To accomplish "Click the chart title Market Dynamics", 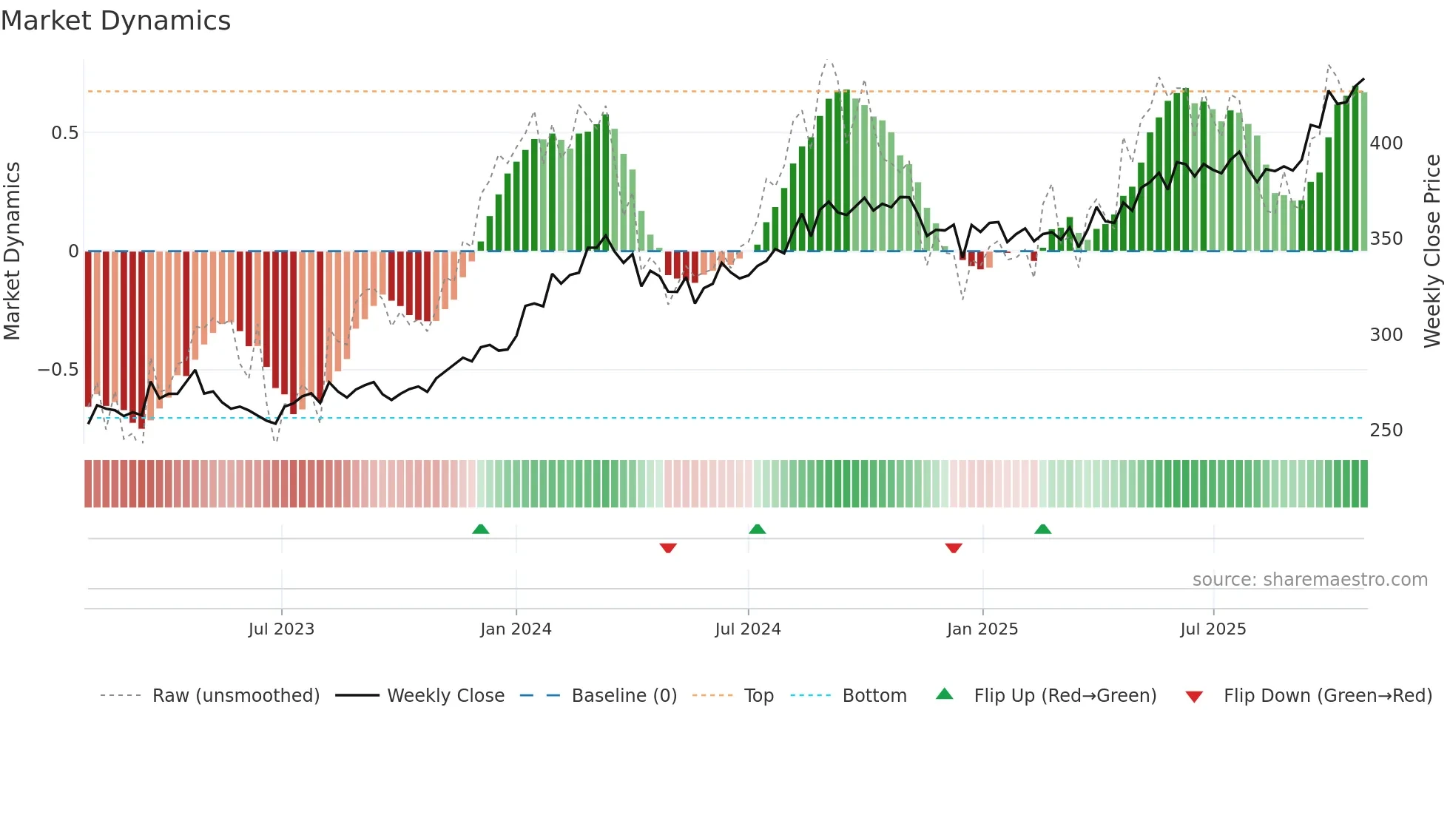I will (x=115, y=21).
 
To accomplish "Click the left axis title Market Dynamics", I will (x=12, y=251).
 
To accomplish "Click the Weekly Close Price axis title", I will (x=1432, y=251).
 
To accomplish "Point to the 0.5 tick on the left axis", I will (x=64, y=133).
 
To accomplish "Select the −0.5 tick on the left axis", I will (x=58, y=370).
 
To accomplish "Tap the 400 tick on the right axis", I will (x=1386, y=143).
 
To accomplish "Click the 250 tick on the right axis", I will (x=1386, y=430).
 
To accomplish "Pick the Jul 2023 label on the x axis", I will (x=281, y=629).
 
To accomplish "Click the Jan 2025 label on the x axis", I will (x=982, y=629).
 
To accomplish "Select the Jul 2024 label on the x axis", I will (x=748, y=629).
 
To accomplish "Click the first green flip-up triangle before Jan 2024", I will (x=481, y=529).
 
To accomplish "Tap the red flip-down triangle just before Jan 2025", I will (x=954, y=548).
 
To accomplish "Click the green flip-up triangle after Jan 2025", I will (x=1042, y=529).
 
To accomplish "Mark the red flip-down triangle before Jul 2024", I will (x=668, y=548).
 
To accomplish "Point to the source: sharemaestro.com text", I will (x=1309, y=580).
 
